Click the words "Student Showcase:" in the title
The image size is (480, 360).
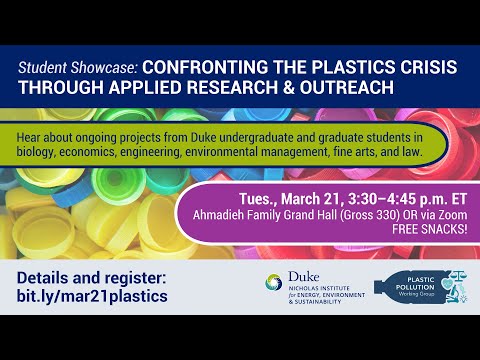click(78, 67)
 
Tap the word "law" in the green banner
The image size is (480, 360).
click(410, 155)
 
